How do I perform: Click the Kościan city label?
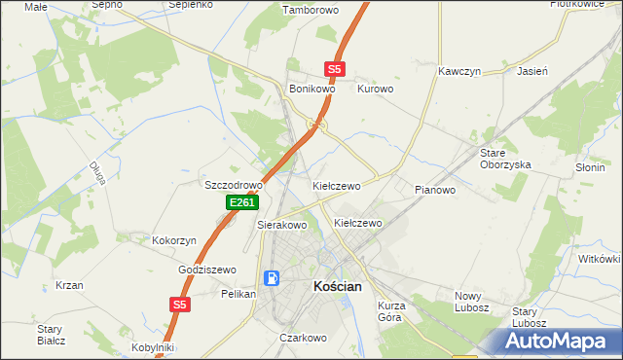pos(337,287)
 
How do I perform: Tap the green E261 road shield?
pos(241,202)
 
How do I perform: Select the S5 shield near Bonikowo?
pos(335,69)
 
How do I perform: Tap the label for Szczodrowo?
pos(234,185)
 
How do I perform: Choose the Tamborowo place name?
pos(309,10)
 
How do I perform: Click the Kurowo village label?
pos(375,89)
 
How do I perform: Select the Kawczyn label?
pos(460,72)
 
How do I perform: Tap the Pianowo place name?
pos(434,190)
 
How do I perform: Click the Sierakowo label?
pos(282,225)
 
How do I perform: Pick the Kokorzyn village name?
pos(175,240)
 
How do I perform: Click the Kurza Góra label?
pos(390,311)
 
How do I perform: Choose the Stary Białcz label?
pos(51,334)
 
